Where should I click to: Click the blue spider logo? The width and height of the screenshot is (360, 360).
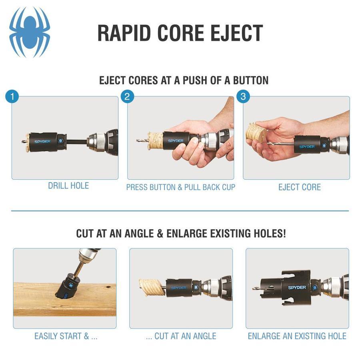(x=30, y=32)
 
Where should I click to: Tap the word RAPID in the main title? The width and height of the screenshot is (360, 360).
(x=124, y=33)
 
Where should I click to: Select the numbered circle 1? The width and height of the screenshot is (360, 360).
(x=12, y=96)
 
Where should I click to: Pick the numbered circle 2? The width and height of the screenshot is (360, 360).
(x=127, y=96)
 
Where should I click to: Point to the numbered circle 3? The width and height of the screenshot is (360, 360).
(x=243, y=96)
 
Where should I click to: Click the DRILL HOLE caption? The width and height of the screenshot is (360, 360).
(x=68, y=186)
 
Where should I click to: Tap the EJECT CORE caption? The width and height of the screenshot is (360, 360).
(x=300, y=187)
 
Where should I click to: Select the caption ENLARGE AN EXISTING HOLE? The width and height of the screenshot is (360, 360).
(x=297, y=336)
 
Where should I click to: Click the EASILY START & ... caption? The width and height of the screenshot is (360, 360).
(x=66, y=336)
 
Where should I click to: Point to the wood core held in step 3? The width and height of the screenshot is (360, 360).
(x=256, y=132)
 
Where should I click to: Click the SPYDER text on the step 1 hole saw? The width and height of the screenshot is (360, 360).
(x=42, y=142)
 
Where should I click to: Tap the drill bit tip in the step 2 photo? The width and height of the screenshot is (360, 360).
(x=138, y=140)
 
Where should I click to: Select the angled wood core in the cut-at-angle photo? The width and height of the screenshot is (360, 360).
(x=152, y=288)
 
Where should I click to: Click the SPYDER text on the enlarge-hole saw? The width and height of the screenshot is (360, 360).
(x=297, y=288)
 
